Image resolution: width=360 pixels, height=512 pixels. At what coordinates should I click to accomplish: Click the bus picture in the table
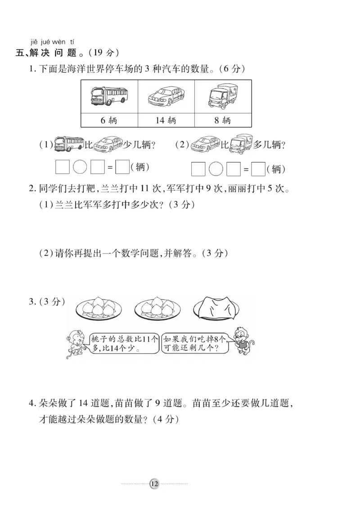click(x=109, y=96)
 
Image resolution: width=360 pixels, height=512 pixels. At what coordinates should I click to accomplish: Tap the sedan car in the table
click(x=166, y=96)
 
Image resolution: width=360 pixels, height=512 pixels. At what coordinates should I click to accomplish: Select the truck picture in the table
click(x=222, y=96)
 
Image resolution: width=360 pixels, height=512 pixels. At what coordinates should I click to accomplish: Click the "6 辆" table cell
click(x=109, y=120)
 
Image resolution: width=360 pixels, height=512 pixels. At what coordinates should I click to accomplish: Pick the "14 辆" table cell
click(x=166, y=120)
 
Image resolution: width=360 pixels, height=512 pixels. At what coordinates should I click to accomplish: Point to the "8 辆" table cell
click(x=222, y=120)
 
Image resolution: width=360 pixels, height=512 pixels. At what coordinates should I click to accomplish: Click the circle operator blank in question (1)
click(x=80, y=167)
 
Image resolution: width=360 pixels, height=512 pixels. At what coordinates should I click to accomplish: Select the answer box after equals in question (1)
click(x=122, y=167)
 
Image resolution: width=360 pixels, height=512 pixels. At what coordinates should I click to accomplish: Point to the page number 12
click(x=154, y=484)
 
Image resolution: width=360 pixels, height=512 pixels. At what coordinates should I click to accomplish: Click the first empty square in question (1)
click(x=62, y=167)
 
